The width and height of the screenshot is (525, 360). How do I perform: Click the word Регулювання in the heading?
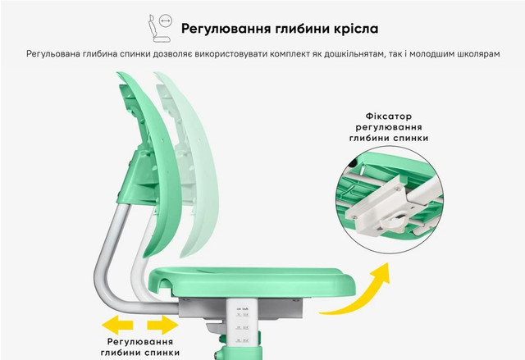226,29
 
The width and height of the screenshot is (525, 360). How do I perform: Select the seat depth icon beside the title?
160,29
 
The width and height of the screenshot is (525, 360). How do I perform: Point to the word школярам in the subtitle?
477,54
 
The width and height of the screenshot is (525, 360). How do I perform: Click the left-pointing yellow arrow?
117,325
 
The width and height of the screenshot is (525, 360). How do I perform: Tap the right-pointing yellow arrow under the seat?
162,325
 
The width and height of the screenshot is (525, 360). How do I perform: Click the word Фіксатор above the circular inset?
388,116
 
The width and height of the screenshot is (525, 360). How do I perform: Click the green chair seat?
251,281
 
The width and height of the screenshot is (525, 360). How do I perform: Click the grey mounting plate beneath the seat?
241,308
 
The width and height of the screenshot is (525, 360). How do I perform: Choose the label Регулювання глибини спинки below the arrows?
140,347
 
